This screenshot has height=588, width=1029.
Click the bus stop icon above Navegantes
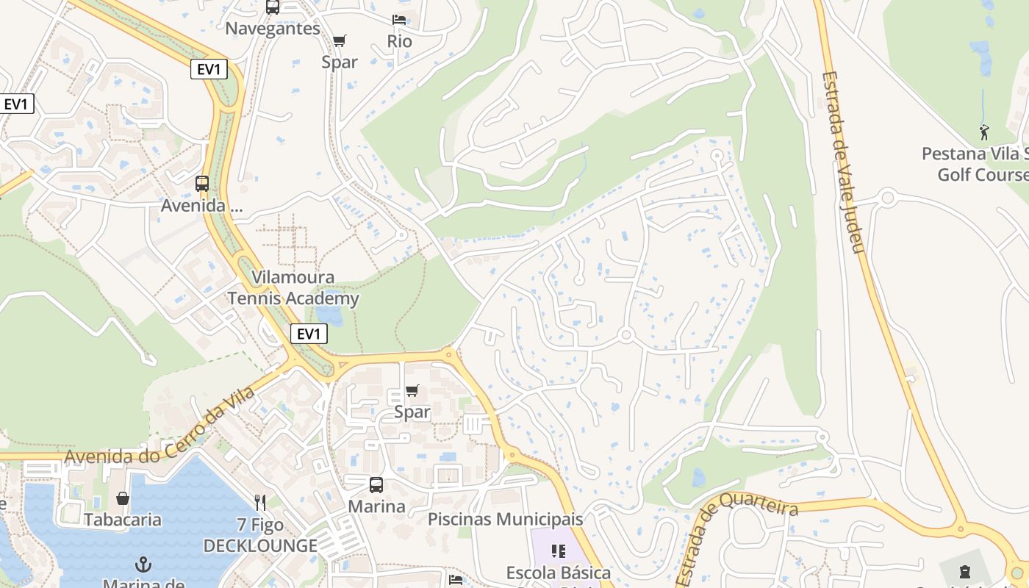pyautogui.click(x=273, y=7)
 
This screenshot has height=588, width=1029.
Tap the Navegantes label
pyautogui.click(x=273, y=29)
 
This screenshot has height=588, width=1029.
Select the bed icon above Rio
pyautogui.click(x=399, y=20)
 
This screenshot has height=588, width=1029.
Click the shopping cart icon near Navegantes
pyautogui.click(x=339, y=40)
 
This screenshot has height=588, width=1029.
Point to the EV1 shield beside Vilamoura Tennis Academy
pyautogui.click(x=309, y=334)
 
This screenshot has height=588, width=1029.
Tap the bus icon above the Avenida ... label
pyautogui.click(x=202, y=184)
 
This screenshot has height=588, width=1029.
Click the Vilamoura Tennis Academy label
pyautogui.click(x=293, y=288)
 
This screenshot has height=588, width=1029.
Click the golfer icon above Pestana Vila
pyautogui.click(x=984, y=133)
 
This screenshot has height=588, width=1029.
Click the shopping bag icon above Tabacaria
pyautogui.click(x=122, y=498)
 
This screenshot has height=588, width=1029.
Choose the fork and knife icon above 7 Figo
pyautogui.click(x=260, y=503)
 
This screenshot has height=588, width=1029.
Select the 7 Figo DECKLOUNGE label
pyautogui.click(x=260, y=536)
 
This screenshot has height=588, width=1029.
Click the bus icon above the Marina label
pyautogui.click(x=376, y=485)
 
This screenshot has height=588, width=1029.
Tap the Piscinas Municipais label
pyautogui.click(x=505, y=519)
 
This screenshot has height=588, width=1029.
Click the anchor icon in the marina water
pyautogui.click(x=143, y=564)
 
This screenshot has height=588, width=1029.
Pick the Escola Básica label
pyautogui.click(x=558, y=572)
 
